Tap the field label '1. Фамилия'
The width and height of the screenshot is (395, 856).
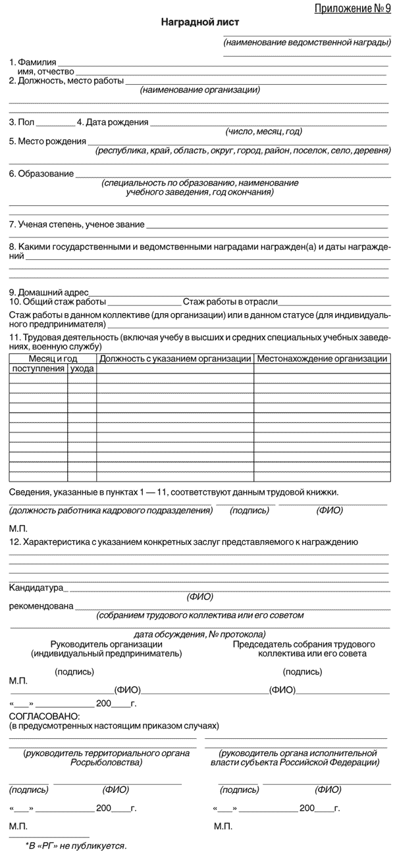pyautogui.click(x=32, y=62)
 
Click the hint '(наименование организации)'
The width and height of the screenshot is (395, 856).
pyautogui.click(x=199, y=90)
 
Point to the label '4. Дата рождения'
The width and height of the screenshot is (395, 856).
pyautogui.click(x=113, y=122)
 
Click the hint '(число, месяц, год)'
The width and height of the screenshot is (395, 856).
pyautogui.click(x=263, y=131)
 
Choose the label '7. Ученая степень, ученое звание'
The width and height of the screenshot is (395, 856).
pyautogui.click(x=76, y=224)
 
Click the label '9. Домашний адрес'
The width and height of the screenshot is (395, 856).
pyautogui.click(x=47, y=292)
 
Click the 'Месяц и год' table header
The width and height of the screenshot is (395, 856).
pyautogui.click(x=53, y=359)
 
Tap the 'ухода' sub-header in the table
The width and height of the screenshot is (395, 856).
pyautogui.click(x=82, y=368)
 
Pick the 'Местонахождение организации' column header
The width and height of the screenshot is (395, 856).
pyautogui.click(x=321, y=359)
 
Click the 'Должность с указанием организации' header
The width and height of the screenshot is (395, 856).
pyautogui.click(x=175, y=359)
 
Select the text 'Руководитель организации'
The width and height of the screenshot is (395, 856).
pyautogui.click(x=106, y=643)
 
